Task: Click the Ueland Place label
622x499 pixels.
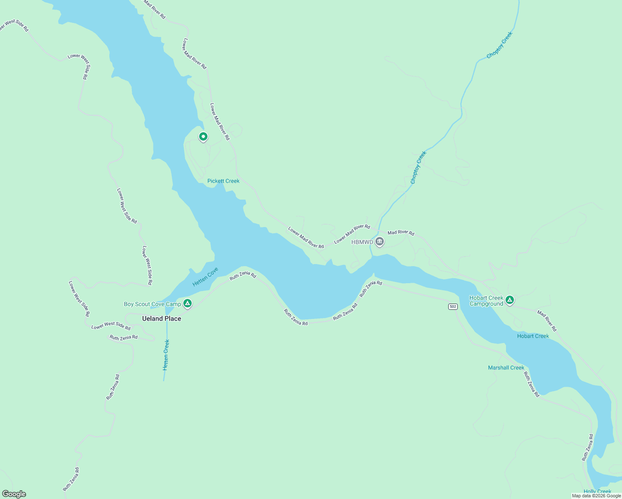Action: [x=161, y=319]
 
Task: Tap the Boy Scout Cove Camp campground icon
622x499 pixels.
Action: [x=188, y=304]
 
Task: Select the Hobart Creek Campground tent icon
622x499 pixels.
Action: [x=510, y=300]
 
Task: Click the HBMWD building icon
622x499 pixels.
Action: [x=379, y=242]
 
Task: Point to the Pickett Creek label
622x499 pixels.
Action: [x=223, y=181]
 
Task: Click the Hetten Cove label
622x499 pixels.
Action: [x=205, y=277]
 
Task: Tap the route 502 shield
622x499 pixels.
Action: [x=453, y=306]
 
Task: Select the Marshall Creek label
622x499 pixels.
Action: [x=506, y=368]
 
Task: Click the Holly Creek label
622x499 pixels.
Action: [x=597, y=492]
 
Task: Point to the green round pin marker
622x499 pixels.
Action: [x=203, y=136]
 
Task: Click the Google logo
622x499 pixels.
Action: [x=14, y=494]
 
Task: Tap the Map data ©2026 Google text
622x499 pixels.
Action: [x=596, y=496]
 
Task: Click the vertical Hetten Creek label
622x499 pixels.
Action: [x=166, y=355]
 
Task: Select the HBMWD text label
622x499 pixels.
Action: [x=362, y=242]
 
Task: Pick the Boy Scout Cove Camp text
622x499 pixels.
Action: [x=152, y=304]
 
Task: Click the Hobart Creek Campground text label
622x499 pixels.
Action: [x=486, y=301]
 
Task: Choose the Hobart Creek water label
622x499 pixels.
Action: [x=533, y=336]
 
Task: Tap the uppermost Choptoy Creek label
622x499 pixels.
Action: [x=500, y=45]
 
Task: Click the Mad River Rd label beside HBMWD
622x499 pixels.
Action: [x=401, y=233]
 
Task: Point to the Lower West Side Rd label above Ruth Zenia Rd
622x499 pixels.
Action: [x=111, y=326]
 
